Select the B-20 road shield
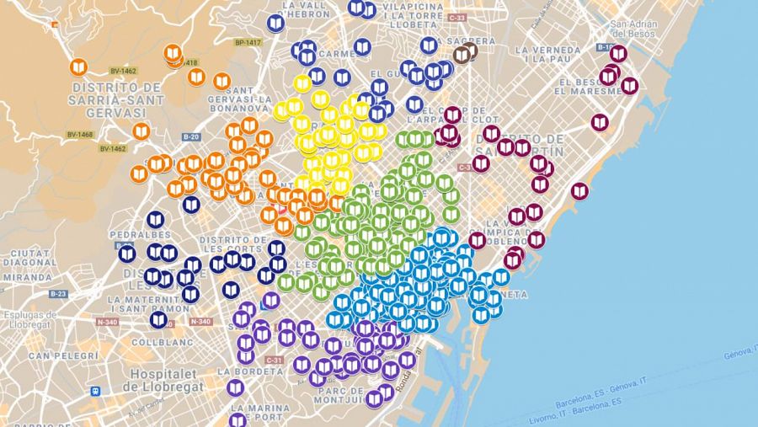[191, 136]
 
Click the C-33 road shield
[457, 17]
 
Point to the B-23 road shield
[58, 294]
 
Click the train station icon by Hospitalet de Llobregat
[97, 391]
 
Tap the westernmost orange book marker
[78, 67]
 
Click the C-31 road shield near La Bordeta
[275, 360]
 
